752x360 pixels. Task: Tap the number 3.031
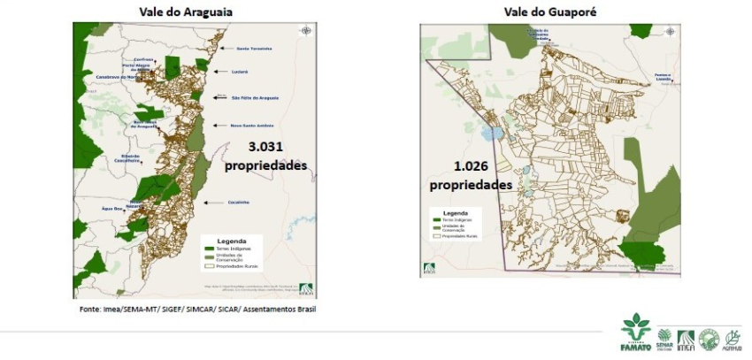(265, 147)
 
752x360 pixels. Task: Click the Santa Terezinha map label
(255, 50)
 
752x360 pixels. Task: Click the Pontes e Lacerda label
(669, 79)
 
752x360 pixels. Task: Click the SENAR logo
(664, 338)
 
